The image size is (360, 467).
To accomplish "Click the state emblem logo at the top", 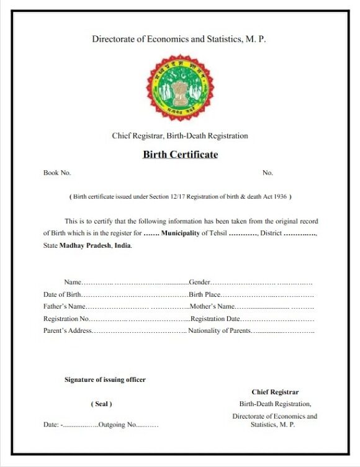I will [x=179, y=86].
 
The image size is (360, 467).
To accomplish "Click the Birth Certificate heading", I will [x=180, y=155].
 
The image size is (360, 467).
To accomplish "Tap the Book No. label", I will [x=56, y=173].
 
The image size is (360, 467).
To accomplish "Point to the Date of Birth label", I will [x=62, y=294].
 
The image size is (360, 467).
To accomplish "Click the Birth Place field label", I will [x=205, y=294].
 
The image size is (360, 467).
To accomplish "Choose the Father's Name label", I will [x=64, y=306].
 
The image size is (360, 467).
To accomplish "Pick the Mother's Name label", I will [x=212, y=306].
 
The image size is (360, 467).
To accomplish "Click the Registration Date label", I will [x=215, y=319].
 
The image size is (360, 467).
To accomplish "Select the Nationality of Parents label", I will [x=219, y=330].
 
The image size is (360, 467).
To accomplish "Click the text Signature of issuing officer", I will [x=105, y=379].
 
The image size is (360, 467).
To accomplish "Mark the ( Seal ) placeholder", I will [x=102, y=404].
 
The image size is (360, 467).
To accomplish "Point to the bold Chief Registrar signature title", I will [x=275, y=392].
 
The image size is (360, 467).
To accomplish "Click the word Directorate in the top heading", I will [x=115, y=39].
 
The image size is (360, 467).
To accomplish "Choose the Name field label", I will [x=73, y=283].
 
